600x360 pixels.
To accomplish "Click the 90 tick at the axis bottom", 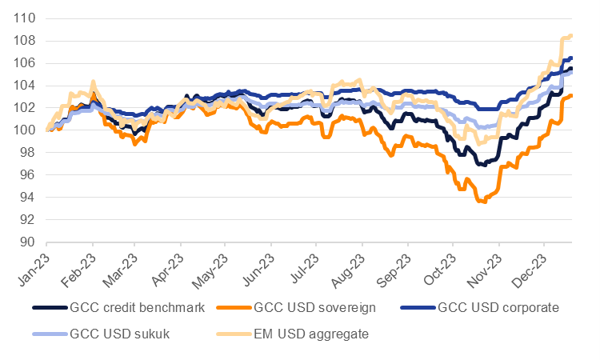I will (x=29, y=242).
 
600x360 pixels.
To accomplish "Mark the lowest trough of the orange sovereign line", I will (x=484, y=202).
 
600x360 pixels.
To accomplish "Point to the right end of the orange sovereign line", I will (x=571, y=96).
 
